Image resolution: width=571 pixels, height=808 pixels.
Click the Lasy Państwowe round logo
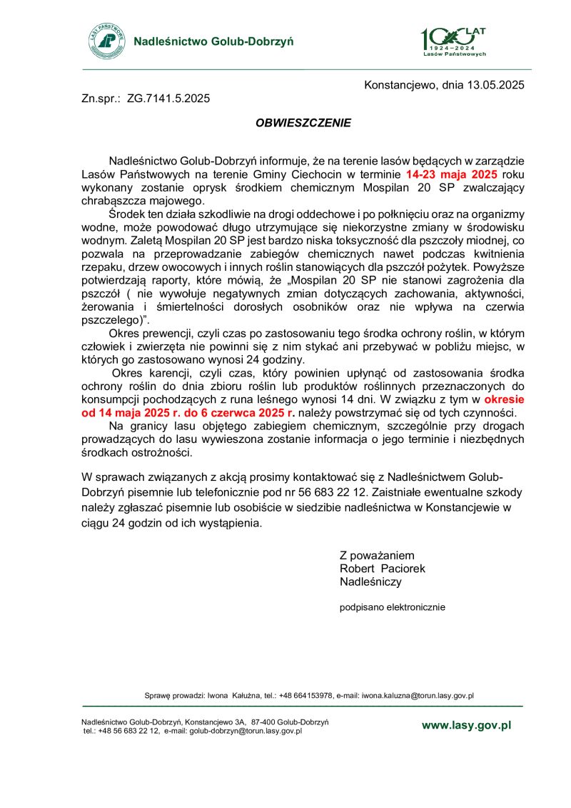(106, 41)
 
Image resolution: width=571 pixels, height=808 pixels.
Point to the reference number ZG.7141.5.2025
(168, 99)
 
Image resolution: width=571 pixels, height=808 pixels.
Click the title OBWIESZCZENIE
(303, 123)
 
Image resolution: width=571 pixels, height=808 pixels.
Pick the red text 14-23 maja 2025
(453, 174)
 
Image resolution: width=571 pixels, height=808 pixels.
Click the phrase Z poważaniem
(377, 555)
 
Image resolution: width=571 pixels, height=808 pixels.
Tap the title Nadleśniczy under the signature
(370, 582)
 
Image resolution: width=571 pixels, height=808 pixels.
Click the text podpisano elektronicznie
(392, 607)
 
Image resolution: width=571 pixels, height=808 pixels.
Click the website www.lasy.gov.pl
(466, 725)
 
